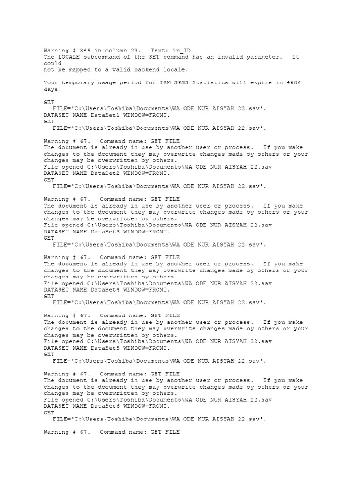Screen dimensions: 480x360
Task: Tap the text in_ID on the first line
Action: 181,50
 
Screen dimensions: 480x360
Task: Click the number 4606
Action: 292,83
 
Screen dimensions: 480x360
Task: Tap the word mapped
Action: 83,70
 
